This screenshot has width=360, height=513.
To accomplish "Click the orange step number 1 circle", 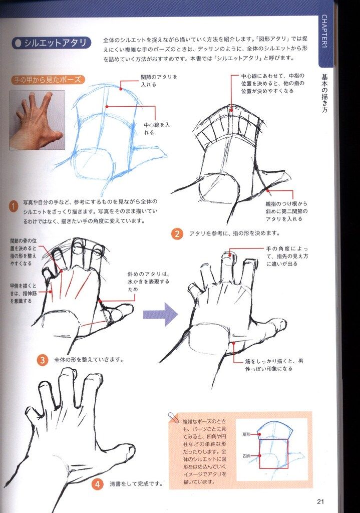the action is (x=14, y=206).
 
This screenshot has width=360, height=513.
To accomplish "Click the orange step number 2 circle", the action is (x=177, y=233).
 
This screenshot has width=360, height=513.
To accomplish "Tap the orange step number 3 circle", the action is (x=43, y=360).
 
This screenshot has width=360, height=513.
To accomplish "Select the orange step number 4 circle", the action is (x=98, y=483).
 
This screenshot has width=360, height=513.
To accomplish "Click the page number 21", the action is (x=320, y=501).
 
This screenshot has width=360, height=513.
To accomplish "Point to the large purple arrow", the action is (x=160, y=315).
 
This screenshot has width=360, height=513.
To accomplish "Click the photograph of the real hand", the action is (x=37, y=120).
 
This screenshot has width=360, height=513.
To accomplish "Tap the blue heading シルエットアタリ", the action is (x=51, y=43).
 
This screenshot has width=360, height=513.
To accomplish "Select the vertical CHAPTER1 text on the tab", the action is (x=324, y=31).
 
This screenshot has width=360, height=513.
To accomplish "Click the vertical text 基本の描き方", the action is (x=324, y=93).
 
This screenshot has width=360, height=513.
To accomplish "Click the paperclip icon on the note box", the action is (x=173, y=418).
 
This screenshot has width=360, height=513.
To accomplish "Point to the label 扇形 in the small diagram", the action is (x=246, y=434).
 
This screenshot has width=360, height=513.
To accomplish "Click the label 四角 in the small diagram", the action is (x=246, y=456).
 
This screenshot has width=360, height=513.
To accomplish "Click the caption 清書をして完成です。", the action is (x=136, y=483).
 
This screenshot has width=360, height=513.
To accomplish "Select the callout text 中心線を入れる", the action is (x=157, y=129).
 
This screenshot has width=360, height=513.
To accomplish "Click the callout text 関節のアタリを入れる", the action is (x=159, y=81).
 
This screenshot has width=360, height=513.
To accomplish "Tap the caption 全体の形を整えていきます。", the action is (x=89, y=360).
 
